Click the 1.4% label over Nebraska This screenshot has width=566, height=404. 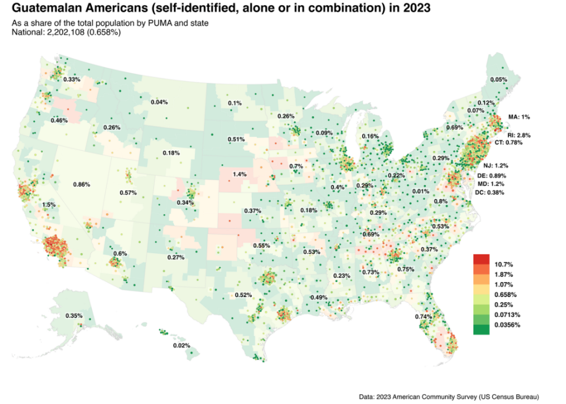tap(240, 174)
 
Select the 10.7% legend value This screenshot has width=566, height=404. tap(503, 264)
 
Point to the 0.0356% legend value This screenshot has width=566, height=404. tap(507, 324)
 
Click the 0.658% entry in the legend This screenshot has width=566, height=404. tap(505, 295)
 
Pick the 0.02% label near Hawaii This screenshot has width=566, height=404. tap(181, 345)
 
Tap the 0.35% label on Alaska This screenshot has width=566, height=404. tap(74, 315)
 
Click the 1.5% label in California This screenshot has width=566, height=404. tap(49, 205)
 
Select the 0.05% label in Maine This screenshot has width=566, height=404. tap(498, 80)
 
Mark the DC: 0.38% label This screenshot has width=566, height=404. tap(491, 193)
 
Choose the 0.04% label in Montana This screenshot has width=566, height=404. tap(159, 102)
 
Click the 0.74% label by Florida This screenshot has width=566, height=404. tap(423, 316)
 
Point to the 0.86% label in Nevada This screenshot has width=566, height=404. tap(82, 184)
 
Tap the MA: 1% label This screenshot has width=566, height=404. tap(519, 116)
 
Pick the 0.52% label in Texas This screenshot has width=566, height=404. tap(243, 295)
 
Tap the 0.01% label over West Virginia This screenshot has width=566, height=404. tap(421, 192)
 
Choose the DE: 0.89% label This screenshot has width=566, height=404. tap(491, 176)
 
